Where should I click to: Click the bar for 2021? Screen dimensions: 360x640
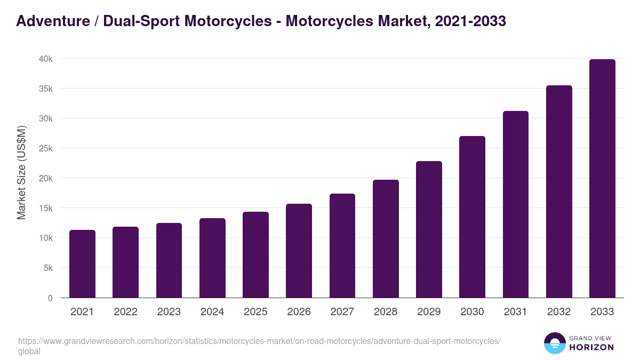(82, 264)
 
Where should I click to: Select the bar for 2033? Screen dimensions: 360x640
(602, 179)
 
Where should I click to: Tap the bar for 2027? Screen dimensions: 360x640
(342, 246)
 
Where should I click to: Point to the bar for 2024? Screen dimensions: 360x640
(212, 258)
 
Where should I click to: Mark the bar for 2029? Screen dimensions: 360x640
(429, 229)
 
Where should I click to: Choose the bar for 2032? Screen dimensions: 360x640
(559, 191)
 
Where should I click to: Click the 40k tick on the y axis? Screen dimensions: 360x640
(45, 59)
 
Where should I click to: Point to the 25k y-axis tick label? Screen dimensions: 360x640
(45, 148)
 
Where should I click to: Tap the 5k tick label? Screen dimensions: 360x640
(47, 268)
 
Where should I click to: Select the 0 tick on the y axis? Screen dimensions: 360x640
(50, 298)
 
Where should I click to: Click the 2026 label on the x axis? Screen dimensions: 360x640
(299, 312)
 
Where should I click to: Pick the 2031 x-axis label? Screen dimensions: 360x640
(516, 312)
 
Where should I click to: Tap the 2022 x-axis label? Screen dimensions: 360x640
(125, 312)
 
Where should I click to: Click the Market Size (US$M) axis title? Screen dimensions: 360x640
(21, 172)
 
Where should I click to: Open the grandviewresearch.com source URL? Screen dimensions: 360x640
(259, 341)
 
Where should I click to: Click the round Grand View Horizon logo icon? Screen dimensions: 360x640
(555, 343)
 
